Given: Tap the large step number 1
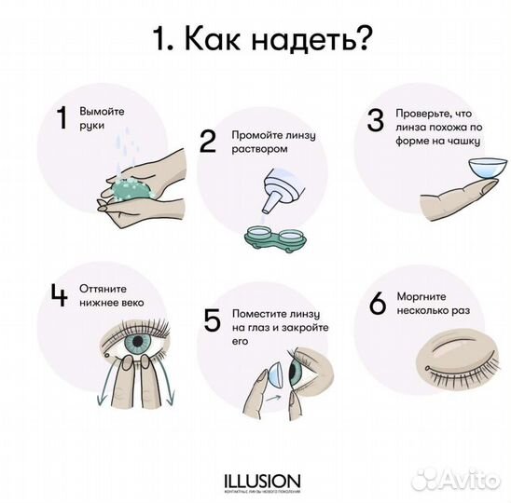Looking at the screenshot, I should pyautogui.click(x=62, y=118).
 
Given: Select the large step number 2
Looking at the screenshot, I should pyautogui.click(x=207, y=141).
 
